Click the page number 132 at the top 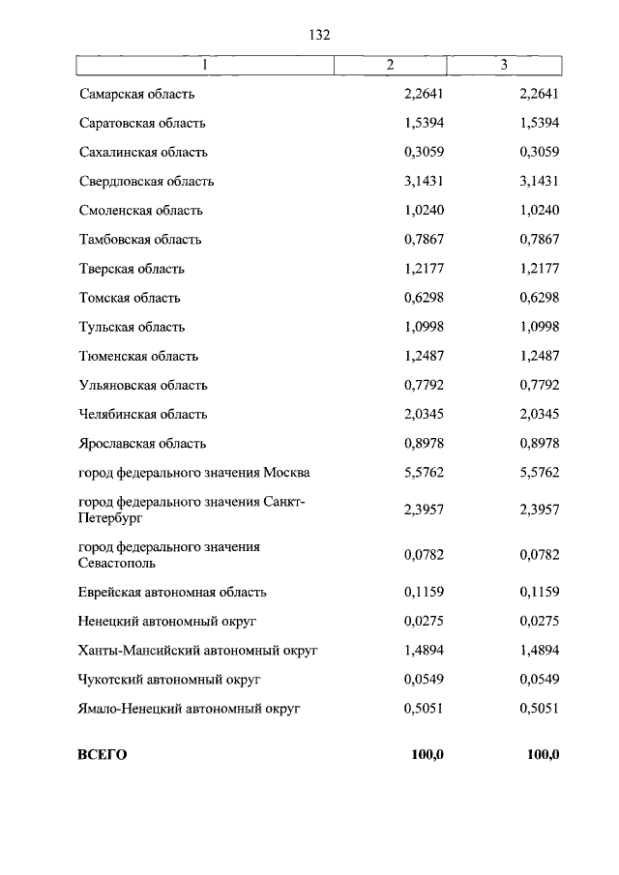(320, 35)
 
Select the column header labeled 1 (204, 65)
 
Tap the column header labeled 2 (390, 65)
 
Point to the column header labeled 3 (504, 65)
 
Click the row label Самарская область (137, 94)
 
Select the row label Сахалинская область (143, 152)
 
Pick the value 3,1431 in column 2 (423, 181)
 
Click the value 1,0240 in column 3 (539, 210)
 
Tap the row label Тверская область (132, 269)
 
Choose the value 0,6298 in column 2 (423, 298)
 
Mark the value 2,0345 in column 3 (539, 414)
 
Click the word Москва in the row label (286, 473)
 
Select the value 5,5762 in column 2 (423, 473)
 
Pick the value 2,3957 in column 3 (539, 509)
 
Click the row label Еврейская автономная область (172, 592)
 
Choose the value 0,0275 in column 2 (423, 621)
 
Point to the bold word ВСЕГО (103, 754)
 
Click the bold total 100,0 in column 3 (543, 754)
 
